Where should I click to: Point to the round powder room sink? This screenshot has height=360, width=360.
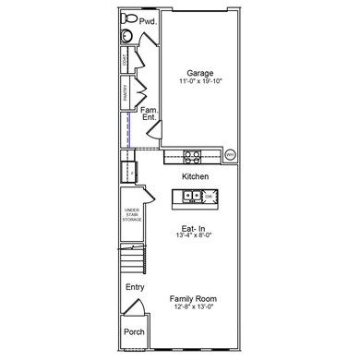click(x=126, y=37)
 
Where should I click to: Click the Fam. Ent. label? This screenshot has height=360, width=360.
click(x=150, y=114)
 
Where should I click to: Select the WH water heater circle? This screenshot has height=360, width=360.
click(x=230, y=154)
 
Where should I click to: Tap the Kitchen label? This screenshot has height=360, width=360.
click(x=195, y=175)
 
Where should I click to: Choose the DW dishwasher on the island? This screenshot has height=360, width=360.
click(x=210, y=197)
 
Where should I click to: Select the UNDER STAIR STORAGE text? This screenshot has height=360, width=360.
click(x=131, y=216)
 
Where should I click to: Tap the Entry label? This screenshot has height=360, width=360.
click(x=135, y=287)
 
